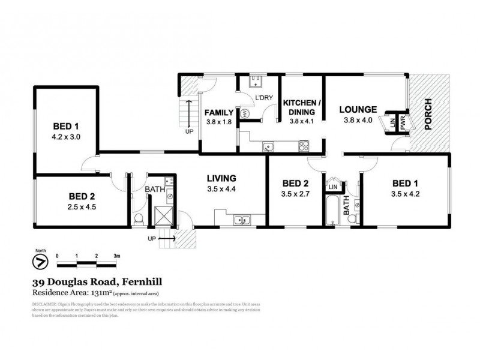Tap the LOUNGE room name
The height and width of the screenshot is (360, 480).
(358, 109)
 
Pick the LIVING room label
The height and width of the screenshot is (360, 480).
(222, 178)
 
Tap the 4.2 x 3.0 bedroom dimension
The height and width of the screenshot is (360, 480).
(67, 137)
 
